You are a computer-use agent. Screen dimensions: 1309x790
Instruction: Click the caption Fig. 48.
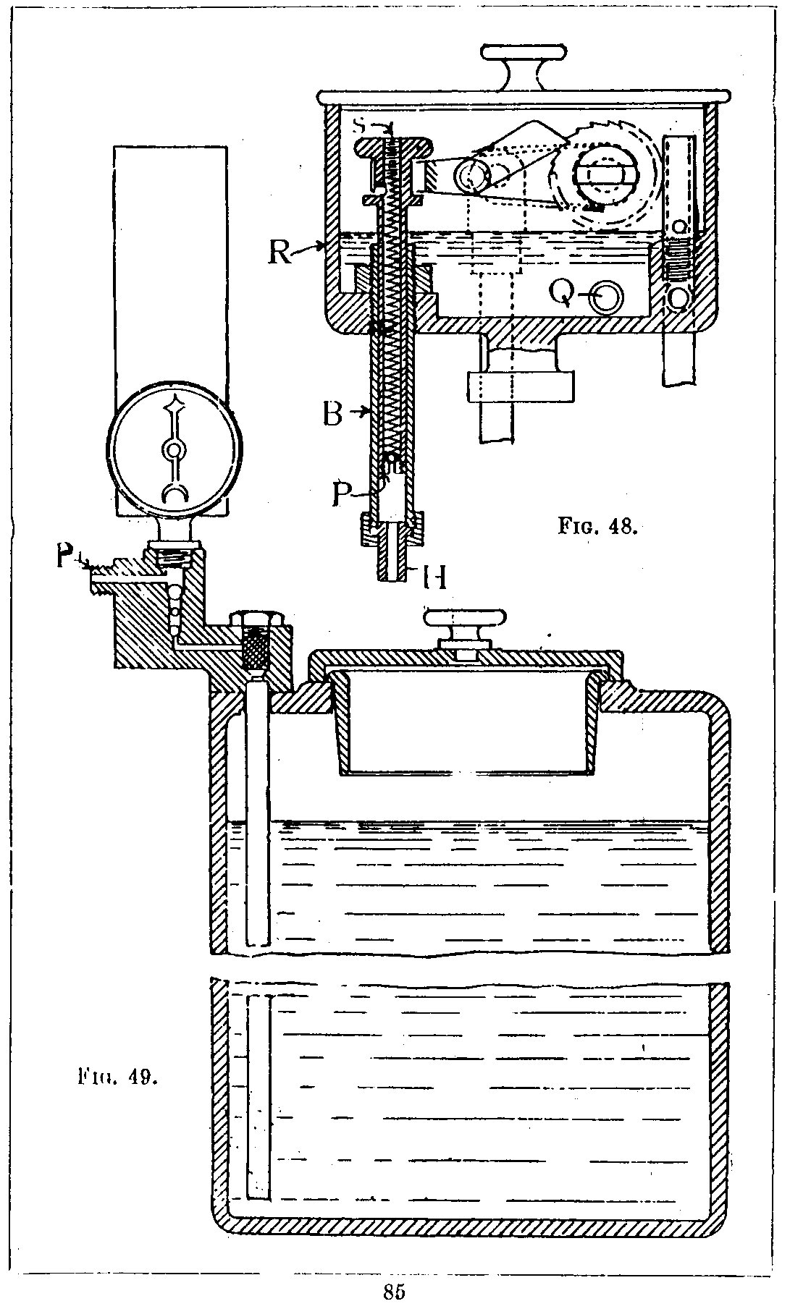point(597,525)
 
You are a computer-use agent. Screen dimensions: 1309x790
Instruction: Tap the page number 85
point(394,1291)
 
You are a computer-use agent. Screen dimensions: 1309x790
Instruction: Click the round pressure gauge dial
point(173,452)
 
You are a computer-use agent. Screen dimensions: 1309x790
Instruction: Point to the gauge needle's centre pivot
point(173,451)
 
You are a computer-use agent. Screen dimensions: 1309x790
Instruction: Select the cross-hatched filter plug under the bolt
point(259,649)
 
